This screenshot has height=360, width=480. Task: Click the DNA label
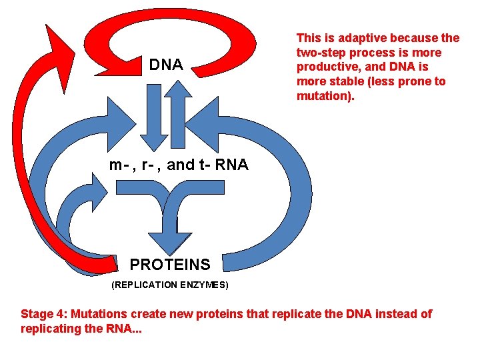(x=166, y=65)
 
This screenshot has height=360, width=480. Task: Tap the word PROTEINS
(x=169, y=265)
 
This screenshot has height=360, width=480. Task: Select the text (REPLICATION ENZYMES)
(x=170, y=285)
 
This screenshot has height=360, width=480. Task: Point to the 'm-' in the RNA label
(x=118, y=165)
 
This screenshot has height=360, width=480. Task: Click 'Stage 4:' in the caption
(x=43, y=314)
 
